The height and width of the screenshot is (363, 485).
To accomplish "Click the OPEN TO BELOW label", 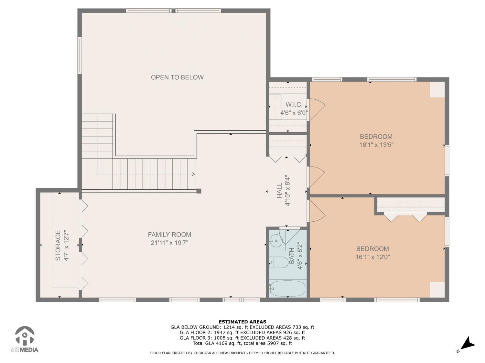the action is point(177,77).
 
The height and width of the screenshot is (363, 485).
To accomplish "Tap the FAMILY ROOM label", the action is point(169,235).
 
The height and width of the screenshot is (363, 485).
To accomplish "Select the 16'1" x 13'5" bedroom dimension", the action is point(376,145).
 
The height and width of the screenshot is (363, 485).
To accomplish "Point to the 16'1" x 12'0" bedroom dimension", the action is point(372,257).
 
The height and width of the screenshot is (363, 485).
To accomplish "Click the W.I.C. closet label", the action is point(294,105).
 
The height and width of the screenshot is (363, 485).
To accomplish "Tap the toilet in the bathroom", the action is point(279,263).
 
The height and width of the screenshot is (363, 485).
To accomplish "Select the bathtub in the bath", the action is point(287,288).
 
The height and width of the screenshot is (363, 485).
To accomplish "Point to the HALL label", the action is point(279,190).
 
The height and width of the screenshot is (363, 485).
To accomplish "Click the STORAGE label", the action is point(58,245).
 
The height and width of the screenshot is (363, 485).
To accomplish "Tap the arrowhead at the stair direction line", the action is point(193,174).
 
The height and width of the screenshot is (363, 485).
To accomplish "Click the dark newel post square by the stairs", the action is point(199,191).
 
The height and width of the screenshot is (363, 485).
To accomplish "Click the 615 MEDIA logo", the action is point(25,339).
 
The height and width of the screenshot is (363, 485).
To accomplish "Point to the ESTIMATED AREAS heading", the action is point(242,322).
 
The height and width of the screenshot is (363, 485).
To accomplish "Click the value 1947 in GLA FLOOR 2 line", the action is point(220,333).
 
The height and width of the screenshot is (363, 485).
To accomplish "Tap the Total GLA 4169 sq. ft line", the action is point(242,343).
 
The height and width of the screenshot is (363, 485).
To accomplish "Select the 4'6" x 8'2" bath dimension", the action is point(300,256).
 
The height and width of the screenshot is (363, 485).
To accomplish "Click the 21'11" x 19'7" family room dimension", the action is point(169,243).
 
